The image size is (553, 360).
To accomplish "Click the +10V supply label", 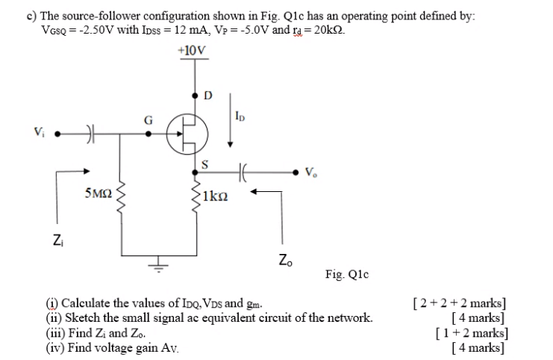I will tap(193, 51).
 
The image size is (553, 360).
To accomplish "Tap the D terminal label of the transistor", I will tap(207, 96).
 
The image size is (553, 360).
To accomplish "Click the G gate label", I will tap(148, 120).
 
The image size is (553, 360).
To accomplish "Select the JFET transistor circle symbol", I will tap(187, 134).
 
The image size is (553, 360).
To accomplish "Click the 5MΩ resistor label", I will tap(99, 196).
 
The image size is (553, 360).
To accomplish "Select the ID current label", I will tap(239, 117).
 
